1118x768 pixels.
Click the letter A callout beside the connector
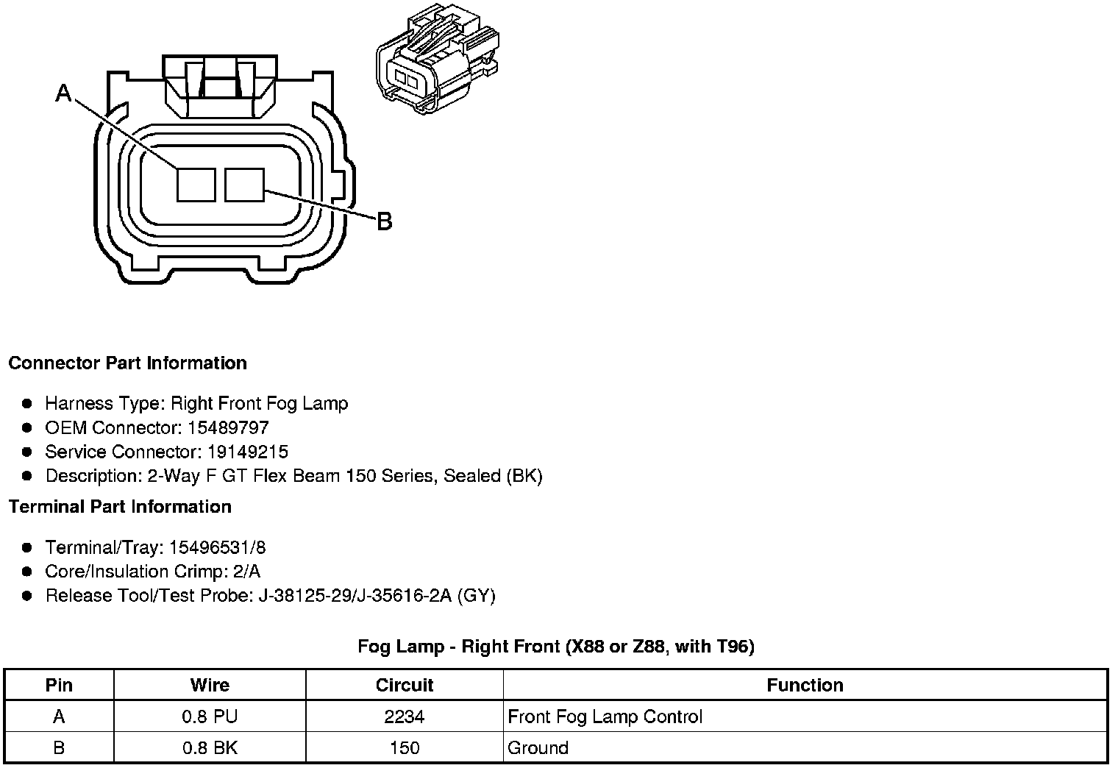click(64, 93)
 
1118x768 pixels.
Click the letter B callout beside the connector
click(384, 221)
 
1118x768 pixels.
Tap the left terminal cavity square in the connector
click(196, 185)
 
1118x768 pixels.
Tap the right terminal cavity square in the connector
click(244, 185)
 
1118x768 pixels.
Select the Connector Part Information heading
click(127, 363)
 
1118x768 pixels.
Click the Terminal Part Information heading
click(120, 507)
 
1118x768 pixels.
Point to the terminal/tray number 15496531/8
click(218, 547)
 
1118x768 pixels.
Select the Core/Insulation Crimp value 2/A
click(246, 572)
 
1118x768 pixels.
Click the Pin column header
click(59, 686)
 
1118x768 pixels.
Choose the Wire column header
click(210, 686)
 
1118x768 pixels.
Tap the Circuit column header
click(405, 686)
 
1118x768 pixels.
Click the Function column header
click(805, 686)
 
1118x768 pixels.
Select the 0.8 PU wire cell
click(210, 717)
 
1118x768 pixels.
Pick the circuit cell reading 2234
click(405, 717)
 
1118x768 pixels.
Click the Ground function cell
click(538, 748)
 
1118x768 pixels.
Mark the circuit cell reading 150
click(405, 748)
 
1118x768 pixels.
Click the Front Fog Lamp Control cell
click(605, 717)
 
